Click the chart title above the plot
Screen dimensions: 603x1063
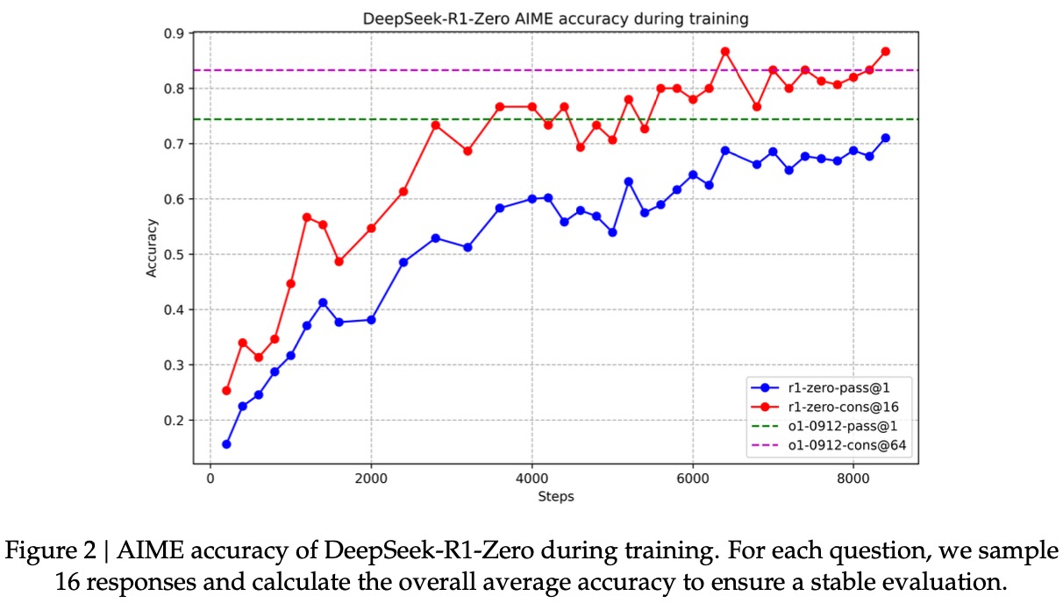[555, 18]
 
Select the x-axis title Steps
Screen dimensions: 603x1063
[555, 497]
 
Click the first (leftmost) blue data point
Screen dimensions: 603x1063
[226, 444]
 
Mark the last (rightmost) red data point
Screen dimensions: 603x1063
[885, 51]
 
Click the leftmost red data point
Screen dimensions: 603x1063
[226, 390]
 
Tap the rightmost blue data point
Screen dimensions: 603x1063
[885, 138]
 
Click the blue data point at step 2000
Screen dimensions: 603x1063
[371, 320]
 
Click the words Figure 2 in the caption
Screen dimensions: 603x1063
[58, 552]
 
